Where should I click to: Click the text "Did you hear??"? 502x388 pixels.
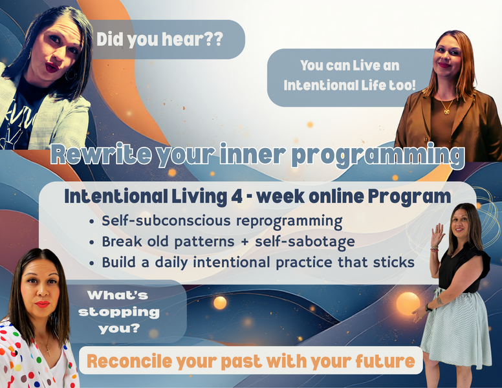coord(159,39)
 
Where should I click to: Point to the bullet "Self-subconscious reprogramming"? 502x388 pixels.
coord(222,221)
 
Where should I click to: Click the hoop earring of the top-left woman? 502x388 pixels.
coord(71,74)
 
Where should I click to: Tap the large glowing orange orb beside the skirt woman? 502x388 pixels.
coord(408,303)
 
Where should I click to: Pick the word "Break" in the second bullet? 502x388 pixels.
coord(121,242)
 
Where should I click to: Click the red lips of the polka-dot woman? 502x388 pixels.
coord(42,304)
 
